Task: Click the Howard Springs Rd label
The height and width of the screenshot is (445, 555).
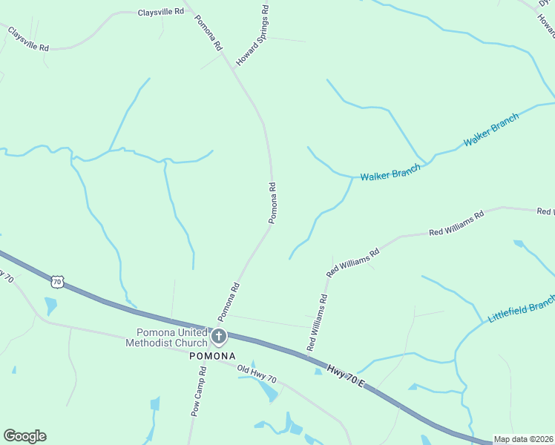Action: point(252,35)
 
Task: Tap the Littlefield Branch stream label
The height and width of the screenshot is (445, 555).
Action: point(521,309)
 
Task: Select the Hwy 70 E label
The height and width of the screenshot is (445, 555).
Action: point(346,375)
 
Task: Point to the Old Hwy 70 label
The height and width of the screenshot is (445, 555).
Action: point(257,375)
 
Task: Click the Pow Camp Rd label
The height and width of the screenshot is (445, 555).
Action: point(198,392)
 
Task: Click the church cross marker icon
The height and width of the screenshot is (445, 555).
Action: point(218,337)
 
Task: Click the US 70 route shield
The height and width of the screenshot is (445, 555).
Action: point(58,282)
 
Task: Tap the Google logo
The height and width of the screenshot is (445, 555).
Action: point(24,436)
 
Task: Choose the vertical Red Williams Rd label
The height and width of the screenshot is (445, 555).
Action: point(318,323)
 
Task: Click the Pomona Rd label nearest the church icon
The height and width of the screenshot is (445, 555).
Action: point(228,301)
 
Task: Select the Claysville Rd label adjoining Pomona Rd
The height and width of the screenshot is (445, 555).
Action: point(160,13)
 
